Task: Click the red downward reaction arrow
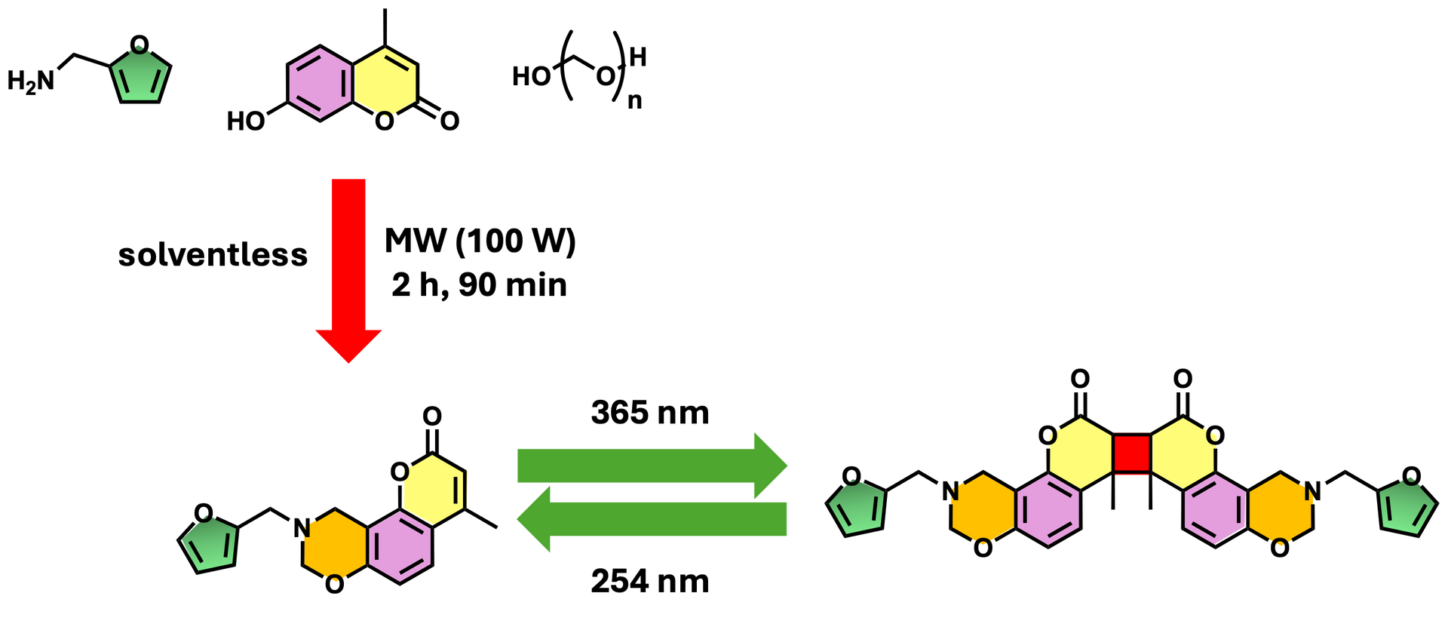point(348,270)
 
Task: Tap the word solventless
point(213,255)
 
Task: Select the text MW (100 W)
point(480,241)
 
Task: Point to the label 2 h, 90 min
point(479,285)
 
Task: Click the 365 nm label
point(650,413)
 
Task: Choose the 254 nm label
point(650,582)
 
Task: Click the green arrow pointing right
point(652,466)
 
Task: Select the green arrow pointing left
point(652,519)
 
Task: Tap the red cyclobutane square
point(1131,453)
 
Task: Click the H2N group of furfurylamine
point(31,81)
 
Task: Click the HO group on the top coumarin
point(246,121)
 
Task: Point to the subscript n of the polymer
point(635,101)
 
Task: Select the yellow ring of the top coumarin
point(385,84)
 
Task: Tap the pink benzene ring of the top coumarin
point(320,84)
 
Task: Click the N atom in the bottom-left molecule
point(302,528)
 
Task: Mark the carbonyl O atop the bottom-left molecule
point(432,416)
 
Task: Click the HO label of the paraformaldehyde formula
point(531,76)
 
